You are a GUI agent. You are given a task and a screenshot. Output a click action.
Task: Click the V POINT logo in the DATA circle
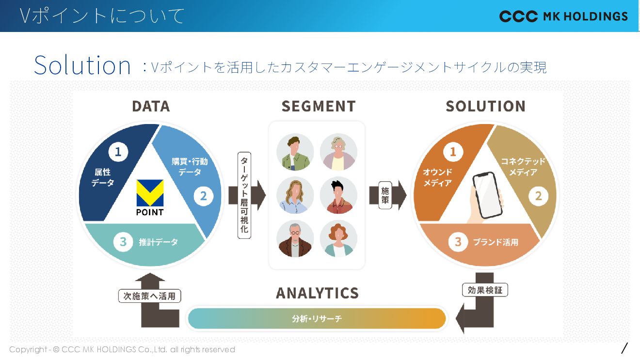coord(150,197)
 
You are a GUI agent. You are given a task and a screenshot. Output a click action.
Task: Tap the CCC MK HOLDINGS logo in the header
coord(563,16)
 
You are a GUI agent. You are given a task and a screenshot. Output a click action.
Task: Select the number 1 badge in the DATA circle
coord(118,153)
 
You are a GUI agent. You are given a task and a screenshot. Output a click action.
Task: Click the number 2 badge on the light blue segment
coord(204,196)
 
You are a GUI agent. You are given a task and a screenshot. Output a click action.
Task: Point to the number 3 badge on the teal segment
coord(123,242)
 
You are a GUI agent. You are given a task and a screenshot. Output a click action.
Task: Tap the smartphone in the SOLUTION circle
coord(487,195)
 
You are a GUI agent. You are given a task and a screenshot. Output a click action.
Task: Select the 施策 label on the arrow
coord(385,195)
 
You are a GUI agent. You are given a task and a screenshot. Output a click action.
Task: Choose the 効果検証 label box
coord(484,290)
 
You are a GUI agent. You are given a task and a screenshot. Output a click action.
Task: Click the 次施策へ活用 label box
coord(149,296)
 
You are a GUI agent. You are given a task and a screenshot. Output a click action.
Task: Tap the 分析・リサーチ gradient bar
coord(317,319)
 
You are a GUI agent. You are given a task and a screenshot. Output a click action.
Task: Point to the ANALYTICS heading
coord(317,293)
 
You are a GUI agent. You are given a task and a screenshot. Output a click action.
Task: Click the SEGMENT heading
coord(319,106)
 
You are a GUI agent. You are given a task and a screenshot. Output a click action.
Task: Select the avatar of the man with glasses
coord(295,239)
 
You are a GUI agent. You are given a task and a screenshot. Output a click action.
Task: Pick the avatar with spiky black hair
coord(338,195)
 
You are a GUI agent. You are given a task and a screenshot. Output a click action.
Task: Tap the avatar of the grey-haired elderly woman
coord(338,152)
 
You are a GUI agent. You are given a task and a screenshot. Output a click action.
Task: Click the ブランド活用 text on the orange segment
coord(496,242)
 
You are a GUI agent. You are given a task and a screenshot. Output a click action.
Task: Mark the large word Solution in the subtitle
coord(82,65)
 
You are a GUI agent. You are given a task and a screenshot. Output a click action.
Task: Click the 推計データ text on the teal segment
coord(159,242)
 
